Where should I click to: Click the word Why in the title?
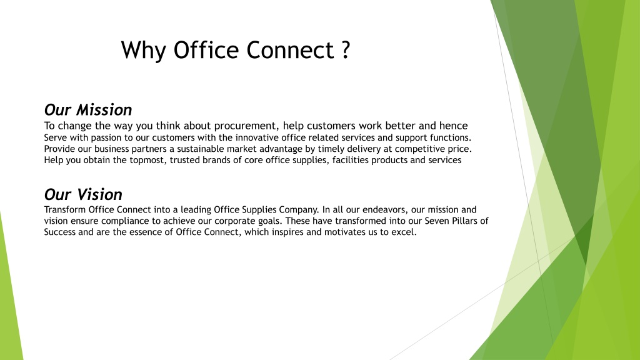click(x=144, y=51)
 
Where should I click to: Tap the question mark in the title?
click(x=345, y=50)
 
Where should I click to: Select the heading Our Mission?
click(x=88, y=110)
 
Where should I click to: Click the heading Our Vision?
click(x=83, y=194)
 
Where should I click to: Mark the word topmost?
click(x=148, y=161)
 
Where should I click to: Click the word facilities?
click(x=350, y=160)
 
